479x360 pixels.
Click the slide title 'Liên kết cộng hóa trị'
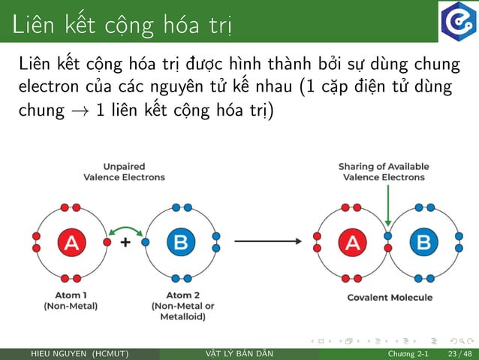click(x=122, y=24)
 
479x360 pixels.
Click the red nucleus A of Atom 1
click(x=71, y=242)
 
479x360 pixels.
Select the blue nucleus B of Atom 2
click(x=180, y=242)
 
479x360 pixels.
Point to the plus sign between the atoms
click(x=125, y=243)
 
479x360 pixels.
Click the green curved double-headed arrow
click(x=126, y=228)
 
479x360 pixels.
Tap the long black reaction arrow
click(x=268, y=242)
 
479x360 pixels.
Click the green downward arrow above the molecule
click(x=387, y=205)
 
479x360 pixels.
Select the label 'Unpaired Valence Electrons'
click(x=124, y=171)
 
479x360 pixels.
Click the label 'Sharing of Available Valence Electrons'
click(x=384, y=171)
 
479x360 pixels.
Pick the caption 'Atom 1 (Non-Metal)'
click(x=71, y=301)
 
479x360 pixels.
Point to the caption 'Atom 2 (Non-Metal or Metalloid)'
click(x=183, y=306)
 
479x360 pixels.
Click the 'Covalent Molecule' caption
click(x=390, y=298)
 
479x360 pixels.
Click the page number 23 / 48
click(x=458, y=354)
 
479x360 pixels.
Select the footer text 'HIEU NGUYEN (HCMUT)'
click(x=79, y=354)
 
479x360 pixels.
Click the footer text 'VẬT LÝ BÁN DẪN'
click(x=239, y=354)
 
